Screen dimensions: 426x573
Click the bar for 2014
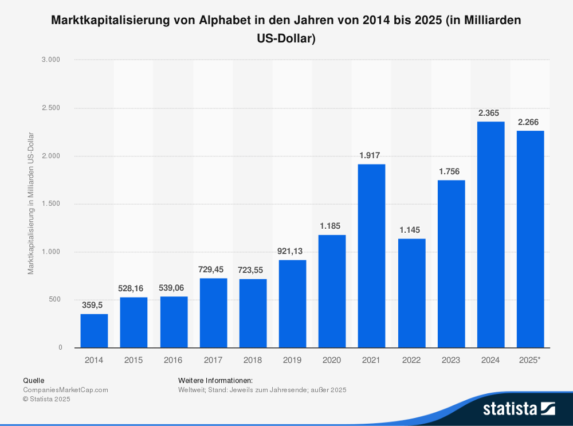coord(94,331)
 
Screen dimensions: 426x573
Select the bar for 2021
coord(371,256)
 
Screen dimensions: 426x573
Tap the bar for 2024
coord(491,235)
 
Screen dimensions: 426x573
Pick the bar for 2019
coord(292,304)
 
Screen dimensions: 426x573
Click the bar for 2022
coord(411,293)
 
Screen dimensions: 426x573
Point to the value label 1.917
coord(371,155)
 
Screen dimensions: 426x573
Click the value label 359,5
coord(92,305)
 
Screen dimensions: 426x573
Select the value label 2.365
coord(491,112)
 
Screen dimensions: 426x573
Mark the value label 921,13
coord(292,251)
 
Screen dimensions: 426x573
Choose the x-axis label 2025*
coord(530,360)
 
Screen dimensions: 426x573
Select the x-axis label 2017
coord(213,360)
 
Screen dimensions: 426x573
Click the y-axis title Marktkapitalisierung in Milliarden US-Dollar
coord(31,204)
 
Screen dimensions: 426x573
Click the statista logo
coord(519,408)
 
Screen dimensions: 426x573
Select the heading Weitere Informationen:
coord(215,381)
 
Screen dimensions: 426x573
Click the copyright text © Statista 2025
coord(46,399)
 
